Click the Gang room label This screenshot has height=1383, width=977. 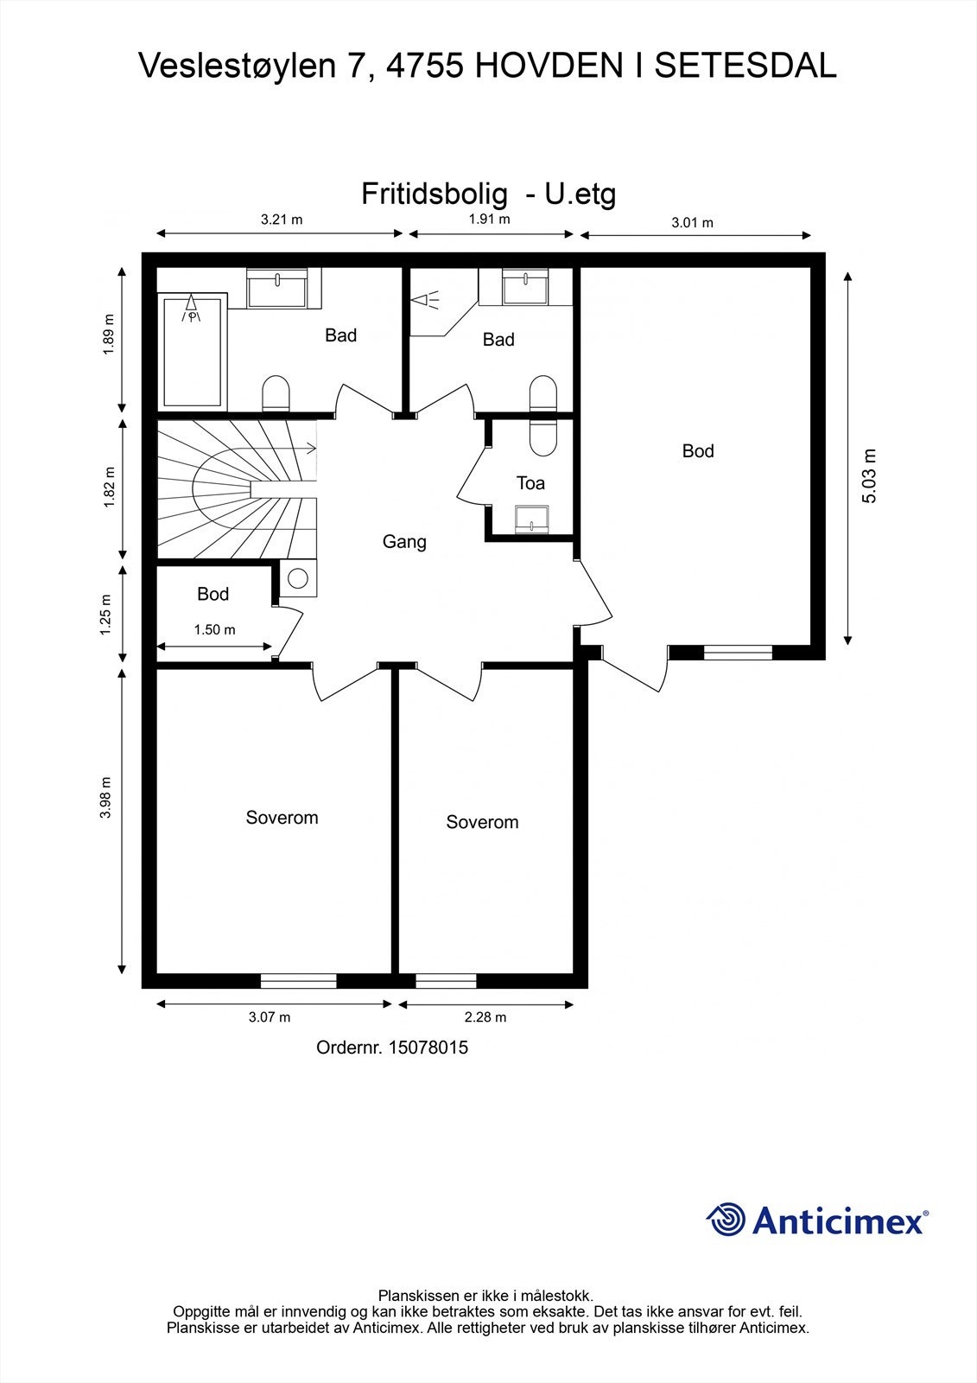[404, 541]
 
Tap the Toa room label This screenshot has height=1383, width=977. [530, 483]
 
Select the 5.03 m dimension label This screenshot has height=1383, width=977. [869, 476]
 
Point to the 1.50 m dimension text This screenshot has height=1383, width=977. [215, 630]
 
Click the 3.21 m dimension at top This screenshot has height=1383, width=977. [282, 220]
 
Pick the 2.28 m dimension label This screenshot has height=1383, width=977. [485, 1017]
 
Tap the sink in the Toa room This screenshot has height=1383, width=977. [532, 518]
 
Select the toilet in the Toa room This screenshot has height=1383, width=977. [543, 437]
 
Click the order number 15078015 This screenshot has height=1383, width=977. [428, 1047]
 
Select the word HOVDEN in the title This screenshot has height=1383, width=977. [549, 66]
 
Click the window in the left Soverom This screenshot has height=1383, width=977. [298, 980]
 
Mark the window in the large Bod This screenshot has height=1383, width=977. [739, 652]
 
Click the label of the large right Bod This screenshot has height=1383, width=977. [698, 451]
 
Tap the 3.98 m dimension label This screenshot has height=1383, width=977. [106, 798]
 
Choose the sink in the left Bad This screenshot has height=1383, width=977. [277, 288]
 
